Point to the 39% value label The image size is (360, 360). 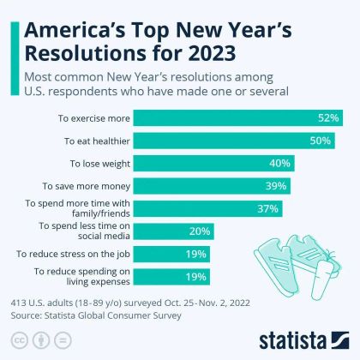[x=277, y=185]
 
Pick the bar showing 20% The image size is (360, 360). [x=172, y=231]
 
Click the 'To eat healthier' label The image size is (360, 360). [x=94, y=140]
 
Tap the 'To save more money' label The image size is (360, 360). [x=87, y=185]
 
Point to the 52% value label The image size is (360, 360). [x=329, y=117]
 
